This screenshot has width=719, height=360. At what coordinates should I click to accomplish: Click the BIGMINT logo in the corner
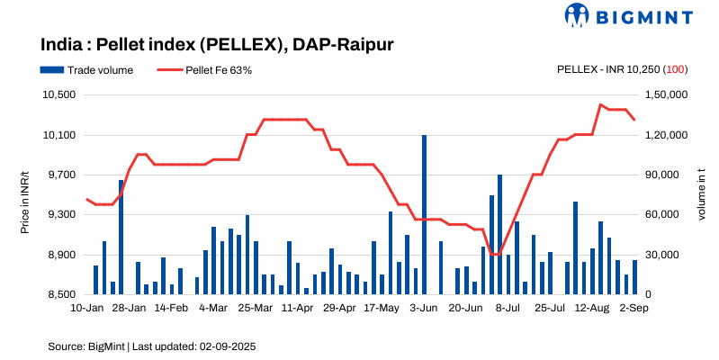pyautogui.click(x=628, y=15)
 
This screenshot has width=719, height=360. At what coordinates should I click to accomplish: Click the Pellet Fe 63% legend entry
pyautogui.click(x=211, y=69)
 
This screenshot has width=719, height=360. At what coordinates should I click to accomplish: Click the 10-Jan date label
pyautogui.click(x=86, y=308)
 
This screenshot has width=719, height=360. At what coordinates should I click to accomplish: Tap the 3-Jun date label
pyautogui.click(x=423, y=308)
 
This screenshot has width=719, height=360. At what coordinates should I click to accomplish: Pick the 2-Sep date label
pyautogui.click(x=634, y=308)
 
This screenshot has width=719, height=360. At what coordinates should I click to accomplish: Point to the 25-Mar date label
pyautogui.click(x=255, y=308)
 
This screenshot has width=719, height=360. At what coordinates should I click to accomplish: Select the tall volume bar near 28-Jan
pyautogui.click(x=121, y=237)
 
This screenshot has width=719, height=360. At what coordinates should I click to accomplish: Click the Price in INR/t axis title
pyautogui.click(x=25, y=194)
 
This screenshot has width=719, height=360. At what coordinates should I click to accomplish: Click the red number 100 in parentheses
pyautogui.click(x=677, y=69)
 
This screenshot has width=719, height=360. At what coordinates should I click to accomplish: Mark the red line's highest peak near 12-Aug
pyautogui.click(x=600, y=104)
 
